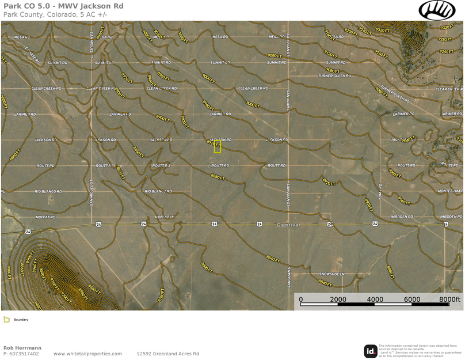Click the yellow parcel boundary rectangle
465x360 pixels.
(x=218, y=147)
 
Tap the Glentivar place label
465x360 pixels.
(x=288, y=225)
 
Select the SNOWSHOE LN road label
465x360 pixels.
(x=332, y=274)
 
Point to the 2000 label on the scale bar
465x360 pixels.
(x=338, y=300)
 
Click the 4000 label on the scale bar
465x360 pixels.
(x=375, y=300)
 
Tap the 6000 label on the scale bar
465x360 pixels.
(x=412, y=300)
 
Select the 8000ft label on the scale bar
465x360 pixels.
(x=449, y=300)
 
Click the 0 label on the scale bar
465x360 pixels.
(x=301, y=300)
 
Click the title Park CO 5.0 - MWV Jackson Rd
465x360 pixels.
(x=63, y=6)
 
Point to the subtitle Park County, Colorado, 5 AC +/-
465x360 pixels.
(x=55, y=14)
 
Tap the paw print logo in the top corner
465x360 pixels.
(x=437, y=10)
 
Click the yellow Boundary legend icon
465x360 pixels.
(x=7, y=320)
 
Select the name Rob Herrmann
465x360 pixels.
(x=22, y=348)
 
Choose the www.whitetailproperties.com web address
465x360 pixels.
(x=87, y=354)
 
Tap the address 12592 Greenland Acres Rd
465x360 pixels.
(x=167, y=354)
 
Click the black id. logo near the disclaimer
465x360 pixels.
(x=371, y=351)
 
